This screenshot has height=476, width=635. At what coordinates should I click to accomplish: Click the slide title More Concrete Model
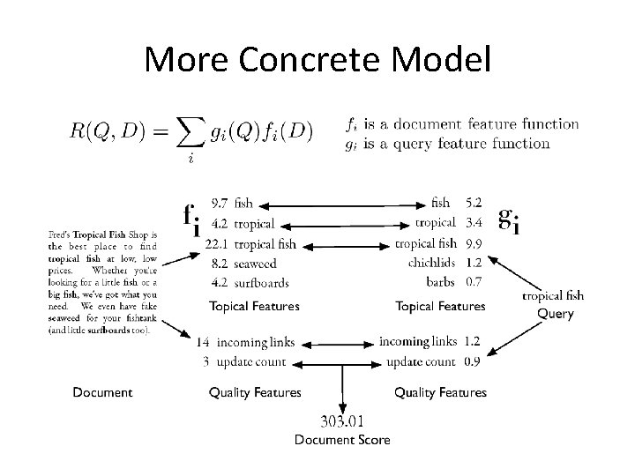tap(317, 59)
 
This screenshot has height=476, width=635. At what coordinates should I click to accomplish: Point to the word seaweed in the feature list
tap(255, 263)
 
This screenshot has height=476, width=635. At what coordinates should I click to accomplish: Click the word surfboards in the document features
tap(262, 282)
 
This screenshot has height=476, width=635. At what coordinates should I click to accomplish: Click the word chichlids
tap(432, 263)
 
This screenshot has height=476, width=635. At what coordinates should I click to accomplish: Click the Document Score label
tap(342, 440)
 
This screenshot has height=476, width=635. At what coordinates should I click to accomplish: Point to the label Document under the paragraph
tap(102, 392)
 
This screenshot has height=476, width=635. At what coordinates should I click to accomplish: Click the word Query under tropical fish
tap(555, 314)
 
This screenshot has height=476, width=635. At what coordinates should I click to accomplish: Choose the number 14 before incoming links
tap(202, 342)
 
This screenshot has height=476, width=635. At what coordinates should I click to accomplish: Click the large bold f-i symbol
tap(191, 220)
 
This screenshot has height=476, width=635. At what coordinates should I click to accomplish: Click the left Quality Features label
tap(255, 392)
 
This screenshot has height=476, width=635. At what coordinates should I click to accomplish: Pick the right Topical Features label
tap(440, 307)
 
